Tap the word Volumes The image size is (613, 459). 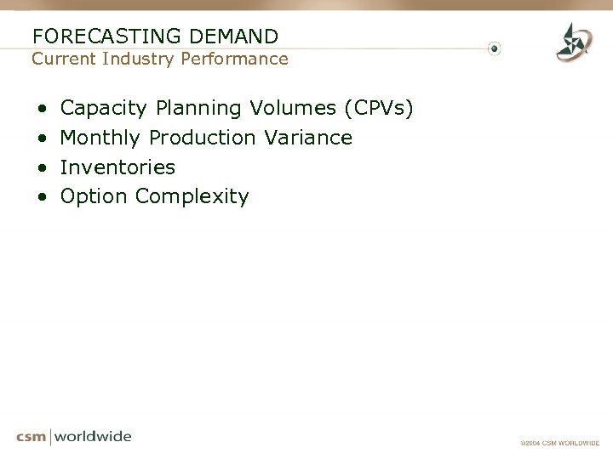[x=294, y=108]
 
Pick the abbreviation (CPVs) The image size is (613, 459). [x=379, y=109]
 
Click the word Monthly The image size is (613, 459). [x=101, y=138]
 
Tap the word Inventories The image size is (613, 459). [x=117, y=167]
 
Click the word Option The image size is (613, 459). [x=95, y=197]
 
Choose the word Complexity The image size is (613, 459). [x=192, y=197]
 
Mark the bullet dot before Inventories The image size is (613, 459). [x=42, y=167]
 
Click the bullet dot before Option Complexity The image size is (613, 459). [x=42, y=197]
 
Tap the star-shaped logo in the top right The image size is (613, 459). [x=574, y=42]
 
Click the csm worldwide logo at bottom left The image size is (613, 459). [x=74, y=437]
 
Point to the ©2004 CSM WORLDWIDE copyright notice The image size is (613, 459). [x=560, y=443]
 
